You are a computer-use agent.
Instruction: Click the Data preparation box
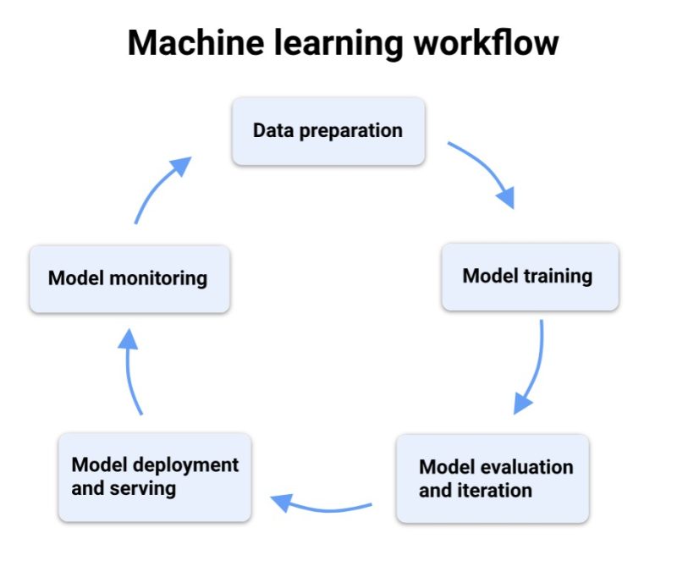328,131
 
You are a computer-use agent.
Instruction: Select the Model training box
531,276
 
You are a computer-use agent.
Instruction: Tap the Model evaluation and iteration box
493,478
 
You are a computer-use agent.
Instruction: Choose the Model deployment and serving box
155,476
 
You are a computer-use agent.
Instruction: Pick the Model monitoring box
129,278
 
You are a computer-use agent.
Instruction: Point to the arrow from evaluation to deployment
322,506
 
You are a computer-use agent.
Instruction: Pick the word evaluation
526,467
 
